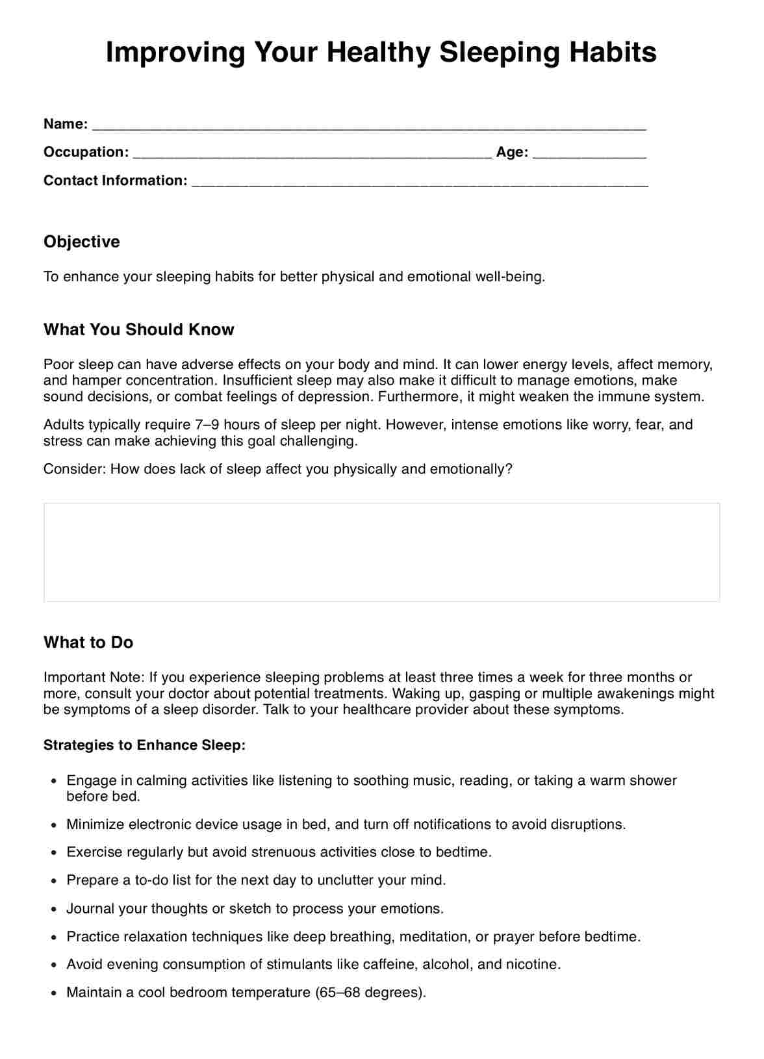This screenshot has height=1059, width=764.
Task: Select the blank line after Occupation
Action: pos(312,153)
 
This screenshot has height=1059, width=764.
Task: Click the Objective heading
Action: pos(82,242)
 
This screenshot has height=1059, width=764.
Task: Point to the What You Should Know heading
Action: pos(138,329)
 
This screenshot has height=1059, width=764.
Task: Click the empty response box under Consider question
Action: pos(381,552)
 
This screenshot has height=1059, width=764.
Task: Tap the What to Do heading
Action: pos(88,642)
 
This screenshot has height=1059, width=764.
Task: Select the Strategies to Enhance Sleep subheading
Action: pos(144,745)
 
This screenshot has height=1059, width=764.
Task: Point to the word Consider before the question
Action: pos(74,469)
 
